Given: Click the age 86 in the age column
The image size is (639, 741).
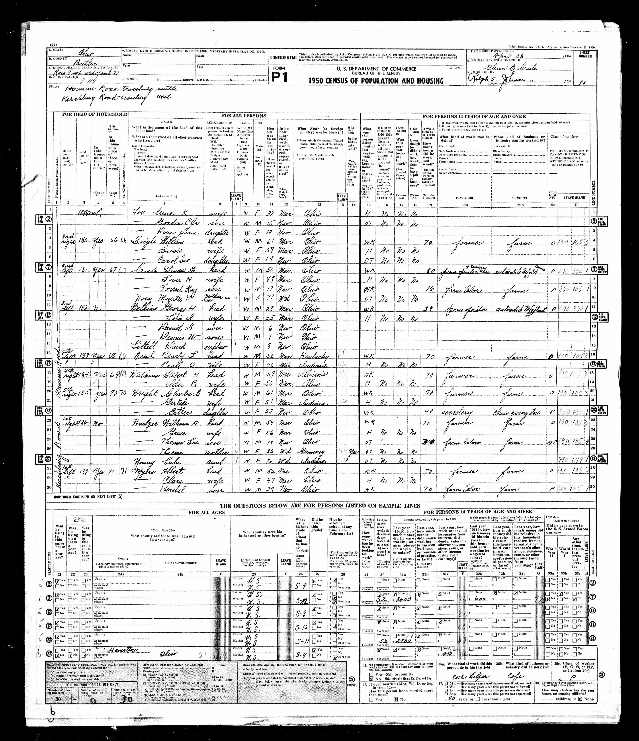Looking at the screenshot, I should pos(271,450).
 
